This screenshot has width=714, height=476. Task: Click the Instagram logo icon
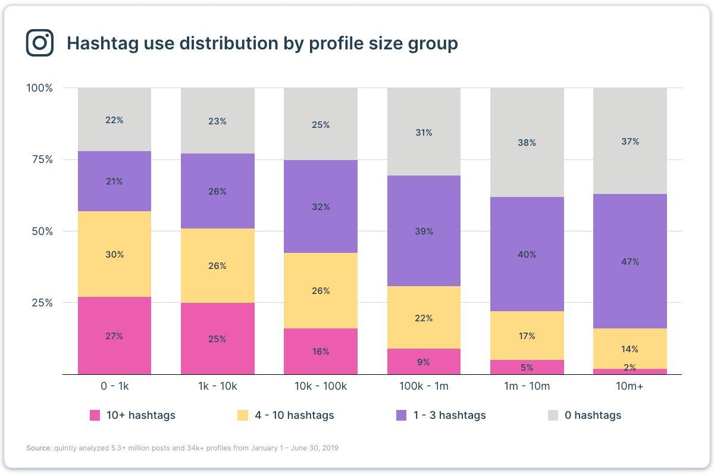tap(40, 43)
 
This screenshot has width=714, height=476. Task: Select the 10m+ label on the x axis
tap(630, 386)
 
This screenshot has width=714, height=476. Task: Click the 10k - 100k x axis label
tap(321, 386)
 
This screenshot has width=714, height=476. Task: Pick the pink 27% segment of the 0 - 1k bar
tap(114, 336)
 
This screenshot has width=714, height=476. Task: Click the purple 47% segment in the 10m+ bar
tap(630, 261)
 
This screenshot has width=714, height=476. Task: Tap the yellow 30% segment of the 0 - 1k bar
tap(114, 254)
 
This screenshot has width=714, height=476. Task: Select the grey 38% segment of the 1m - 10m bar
tap(527, 143)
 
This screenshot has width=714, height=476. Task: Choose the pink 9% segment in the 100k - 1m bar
tap(424, 362)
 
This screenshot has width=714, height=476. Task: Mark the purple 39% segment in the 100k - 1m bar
tap(424, 231)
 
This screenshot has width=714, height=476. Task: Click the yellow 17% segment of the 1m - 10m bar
tap(527, 336)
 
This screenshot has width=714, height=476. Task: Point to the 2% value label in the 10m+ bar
tap(630, 368)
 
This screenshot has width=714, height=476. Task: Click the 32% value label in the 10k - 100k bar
tap(321, 207)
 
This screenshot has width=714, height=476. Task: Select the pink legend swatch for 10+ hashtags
tap(95, 415)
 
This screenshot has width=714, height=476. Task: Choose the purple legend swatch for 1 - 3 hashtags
tap(402, 415)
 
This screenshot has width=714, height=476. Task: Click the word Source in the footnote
tap(39, 448)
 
